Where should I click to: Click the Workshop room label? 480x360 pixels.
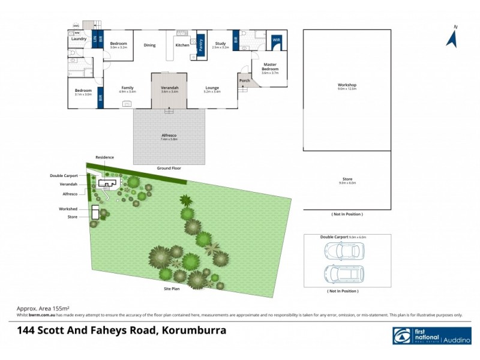347,85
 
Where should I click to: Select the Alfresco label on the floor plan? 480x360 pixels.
169,136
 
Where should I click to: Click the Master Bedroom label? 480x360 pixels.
269,67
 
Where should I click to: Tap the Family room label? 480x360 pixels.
128,88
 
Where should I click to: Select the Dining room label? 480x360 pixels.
149,45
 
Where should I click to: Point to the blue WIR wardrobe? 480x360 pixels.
276,40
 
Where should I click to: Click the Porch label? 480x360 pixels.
244,80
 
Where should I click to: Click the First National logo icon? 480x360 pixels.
402,337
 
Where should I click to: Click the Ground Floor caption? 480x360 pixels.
169,169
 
